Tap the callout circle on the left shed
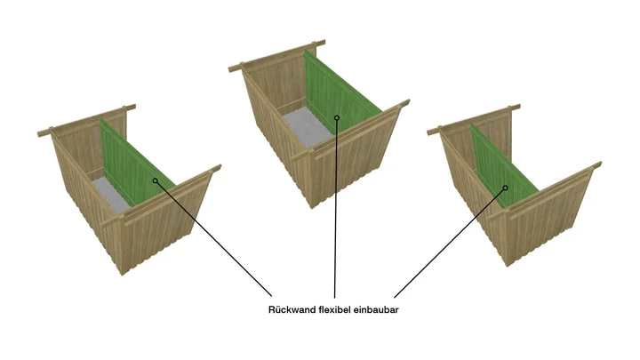coord(155,180)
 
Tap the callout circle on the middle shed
coord(337,118)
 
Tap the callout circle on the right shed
coord(505,188)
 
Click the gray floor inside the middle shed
coord(306,125)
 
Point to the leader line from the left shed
coord(213,238)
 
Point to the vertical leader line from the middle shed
coord(335,208)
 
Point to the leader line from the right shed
coord(450,243)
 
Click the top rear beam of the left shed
coord(86,120)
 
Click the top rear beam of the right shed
coord(474,120)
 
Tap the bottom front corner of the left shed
coord(122,275)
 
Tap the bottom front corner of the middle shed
coord(312,208)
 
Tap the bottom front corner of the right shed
coord(508,266)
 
